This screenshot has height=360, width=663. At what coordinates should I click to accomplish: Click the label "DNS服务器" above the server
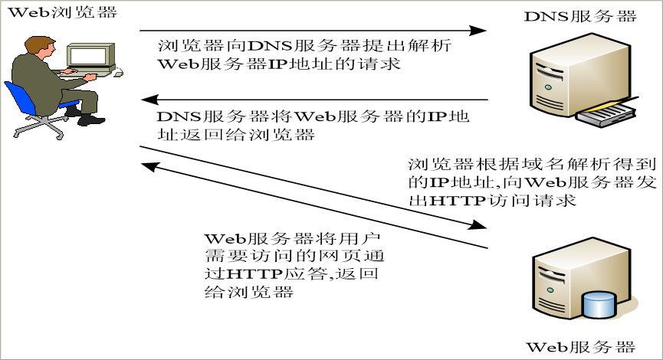pyautogui.click(x=579, y=16)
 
